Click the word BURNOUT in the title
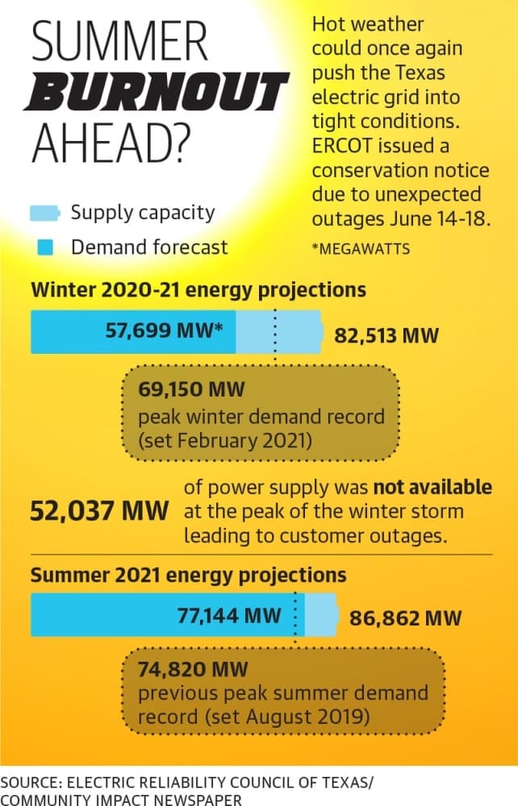tap(157, 92)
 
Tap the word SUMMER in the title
tap(119, 41)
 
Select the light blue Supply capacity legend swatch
tap(45, 213)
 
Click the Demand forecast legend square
tap(46, 247)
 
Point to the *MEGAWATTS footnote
tap(361, 249)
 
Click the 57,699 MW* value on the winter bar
tap(164, 330)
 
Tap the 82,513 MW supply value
tap(386, 335)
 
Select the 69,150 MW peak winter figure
tap(191, 389)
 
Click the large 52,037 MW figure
tap(99, 511)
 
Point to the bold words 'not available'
tap(432, 487)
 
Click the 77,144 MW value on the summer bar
tap(229, 615)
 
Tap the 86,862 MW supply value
tap(405, 618)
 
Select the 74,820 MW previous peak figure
tap(193, 669)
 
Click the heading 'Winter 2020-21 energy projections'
tap(198, 290)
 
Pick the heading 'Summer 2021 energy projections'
tap(188, 575)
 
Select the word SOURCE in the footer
tap(31, 783)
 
